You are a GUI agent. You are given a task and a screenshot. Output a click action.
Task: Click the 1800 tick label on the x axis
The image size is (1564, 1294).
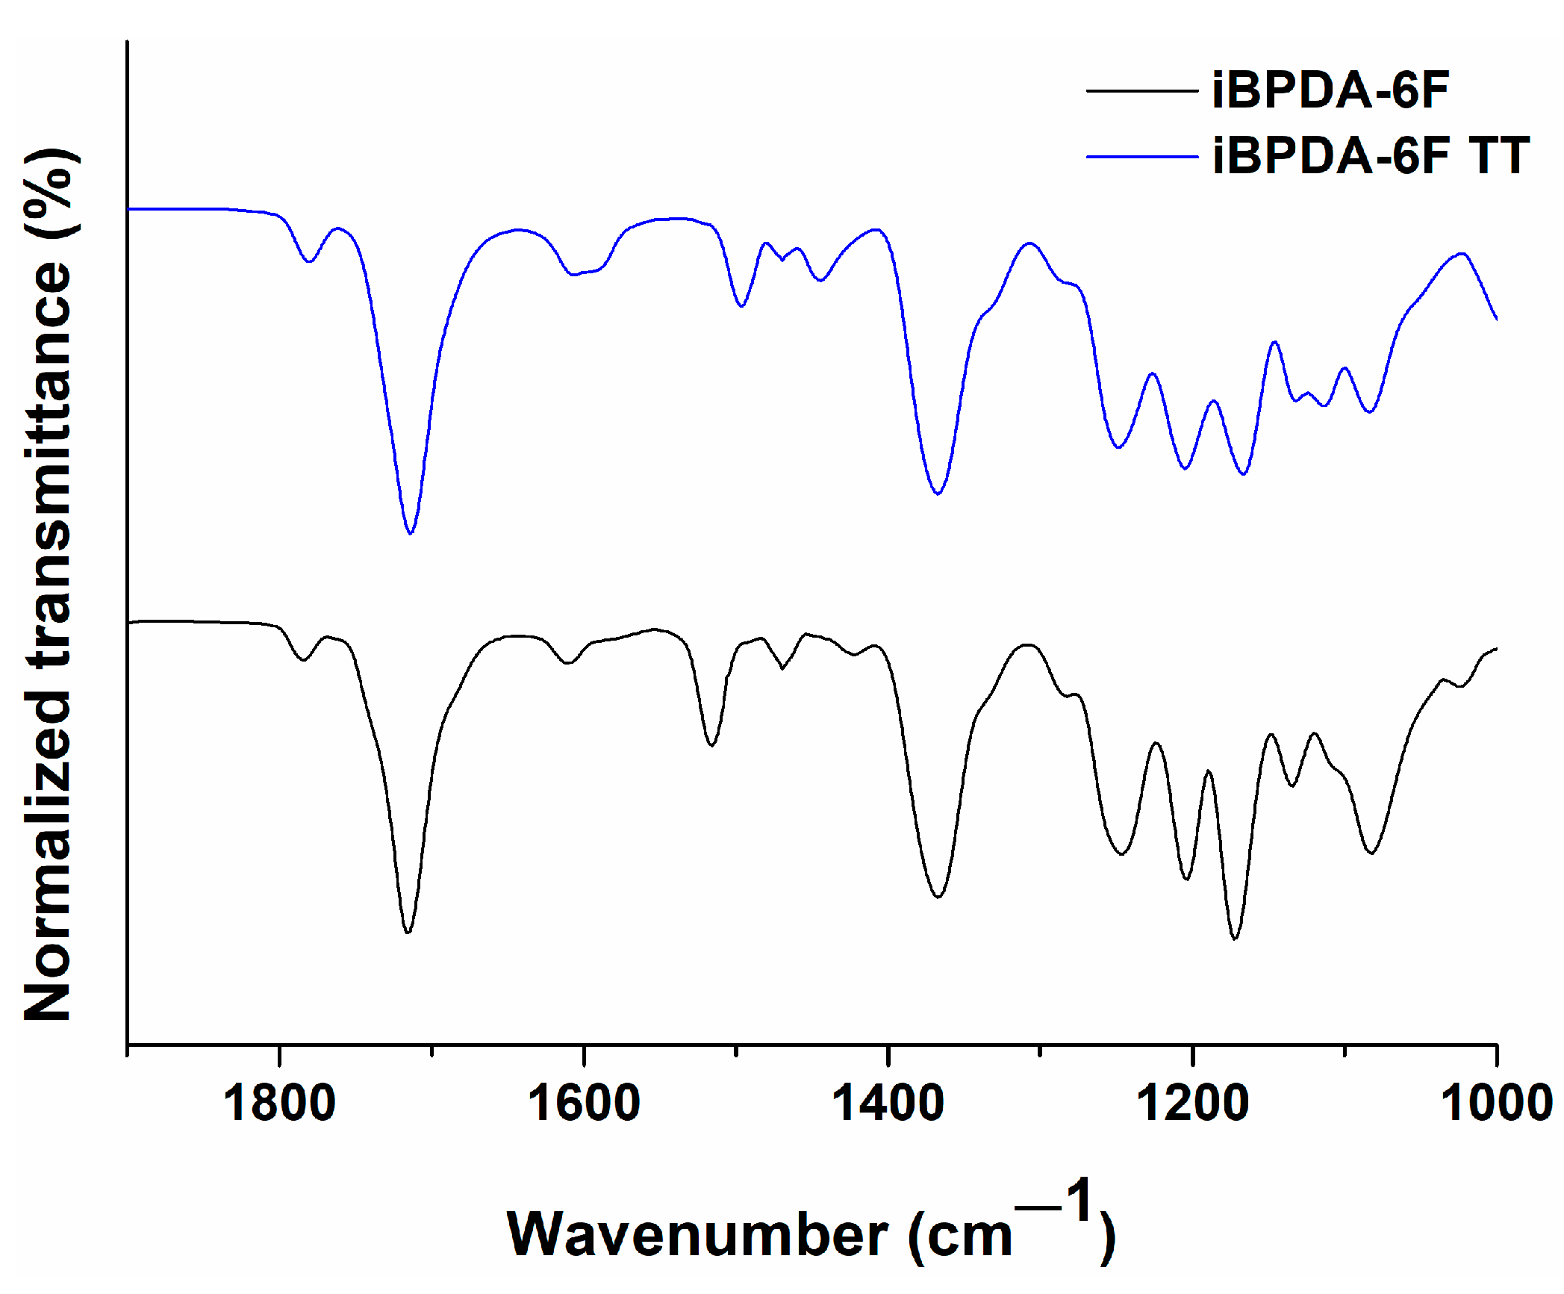coord(279,1104)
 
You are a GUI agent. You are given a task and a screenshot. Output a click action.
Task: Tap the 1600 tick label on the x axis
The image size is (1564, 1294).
coord(584,1104)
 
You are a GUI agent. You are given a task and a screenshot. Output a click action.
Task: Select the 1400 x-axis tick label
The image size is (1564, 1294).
coord(888,1104)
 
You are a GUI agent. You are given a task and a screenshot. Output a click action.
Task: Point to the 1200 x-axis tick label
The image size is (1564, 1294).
coord(1192,1104)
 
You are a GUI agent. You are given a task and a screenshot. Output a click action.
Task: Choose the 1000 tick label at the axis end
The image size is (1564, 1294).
coord(1496,1104)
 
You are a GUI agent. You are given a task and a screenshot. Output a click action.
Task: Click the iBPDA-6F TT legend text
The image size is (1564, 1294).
coord(1371,156)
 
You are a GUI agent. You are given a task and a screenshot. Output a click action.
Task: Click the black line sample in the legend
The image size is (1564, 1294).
coord(1141,91)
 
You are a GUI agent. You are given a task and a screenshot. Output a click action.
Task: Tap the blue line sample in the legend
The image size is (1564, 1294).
coord(1141,157)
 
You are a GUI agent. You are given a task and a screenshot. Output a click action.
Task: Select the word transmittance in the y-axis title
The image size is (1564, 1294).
coord(48,463)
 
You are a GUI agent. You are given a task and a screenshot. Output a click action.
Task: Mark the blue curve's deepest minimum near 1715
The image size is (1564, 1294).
coord(411,533)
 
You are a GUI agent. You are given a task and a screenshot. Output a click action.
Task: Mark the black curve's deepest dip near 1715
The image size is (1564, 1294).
coord(408,933)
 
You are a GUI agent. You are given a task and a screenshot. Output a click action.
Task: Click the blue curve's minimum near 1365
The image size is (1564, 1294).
coord(938,494)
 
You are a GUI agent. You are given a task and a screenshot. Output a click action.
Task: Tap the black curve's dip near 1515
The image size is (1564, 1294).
coord(711,745)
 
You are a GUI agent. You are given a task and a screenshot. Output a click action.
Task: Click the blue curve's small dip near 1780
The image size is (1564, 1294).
coord(309,261)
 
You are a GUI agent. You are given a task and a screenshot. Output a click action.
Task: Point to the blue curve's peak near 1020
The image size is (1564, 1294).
coord(1462,253)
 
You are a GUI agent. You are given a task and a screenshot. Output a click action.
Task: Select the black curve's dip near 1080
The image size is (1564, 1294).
coord(1370,853)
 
